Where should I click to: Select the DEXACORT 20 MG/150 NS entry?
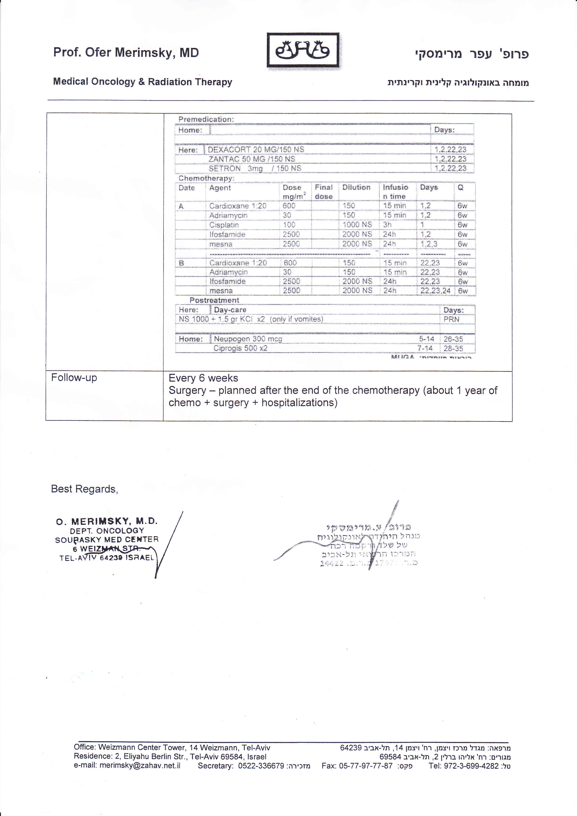[256, 150]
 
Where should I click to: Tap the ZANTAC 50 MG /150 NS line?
[252, 159]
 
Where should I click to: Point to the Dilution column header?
[356, 187]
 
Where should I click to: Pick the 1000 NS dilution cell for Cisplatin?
[357, 225]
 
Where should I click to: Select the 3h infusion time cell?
[387, 225]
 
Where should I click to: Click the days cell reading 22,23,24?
[435, 291]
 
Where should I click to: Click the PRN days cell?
[451, 319]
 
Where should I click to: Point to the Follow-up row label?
[74, 377]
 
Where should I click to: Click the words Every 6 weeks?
[203, 378]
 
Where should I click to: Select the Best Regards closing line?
[84, 489]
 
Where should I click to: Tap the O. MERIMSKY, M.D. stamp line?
[107, 521]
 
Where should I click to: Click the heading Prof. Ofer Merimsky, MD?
[126, 53]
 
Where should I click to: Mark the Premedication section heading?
[206, 119]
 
